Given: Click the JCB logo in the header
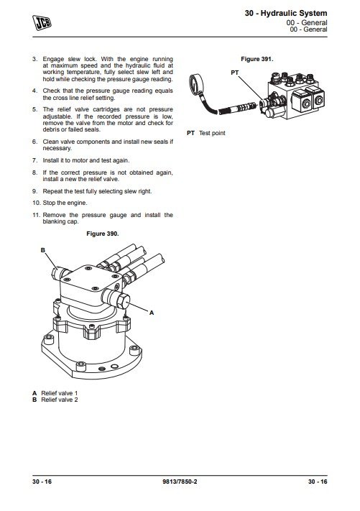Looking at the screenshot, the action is tap(42, 22).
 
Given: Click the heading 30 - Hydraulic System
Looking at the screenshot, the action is tap(286, 14).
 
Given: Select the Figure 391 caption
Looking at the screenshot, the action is tap(257, 59).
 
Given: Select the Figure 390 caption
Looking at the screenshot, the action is tap(103, 234).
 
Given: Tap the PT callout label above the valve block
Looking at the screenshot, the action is tap(234, 73).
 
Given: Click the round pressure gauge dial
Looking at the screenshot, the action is tap(195, 84).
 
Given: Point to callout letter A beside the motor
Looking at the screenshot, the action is tap(152, 313).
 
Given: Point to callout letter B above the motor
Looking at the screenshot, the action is tap(42, 250).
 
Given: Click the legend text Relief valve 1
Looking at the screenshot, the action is tap(60, 393).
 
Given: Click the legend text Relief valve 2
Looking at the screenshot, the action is tap(60, 400).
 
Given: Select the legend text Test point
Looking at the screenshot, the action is tap(212, 133).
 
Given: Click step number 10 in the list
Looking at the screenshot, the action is tap(36, 203).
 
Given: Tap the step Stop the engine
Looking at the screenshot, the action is tap(65, 203).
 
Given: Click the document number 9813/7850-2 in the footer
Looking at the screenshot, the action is tap(180, 482).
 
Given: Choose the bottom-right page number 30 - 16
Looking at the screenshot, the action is tap(318, 482).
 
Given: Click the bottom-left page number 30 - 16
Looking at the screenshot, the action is tap(42, 482).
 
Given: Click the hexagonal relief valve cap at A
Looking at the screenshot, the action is tap(123, 300).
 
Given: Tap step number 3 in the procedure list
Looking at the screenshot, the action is tap(35, 59).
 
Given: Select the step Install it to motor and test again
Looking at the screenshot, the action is tap(86, 160).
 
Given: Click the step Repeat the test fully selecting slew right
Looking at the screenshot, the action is tap(97, 191).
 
